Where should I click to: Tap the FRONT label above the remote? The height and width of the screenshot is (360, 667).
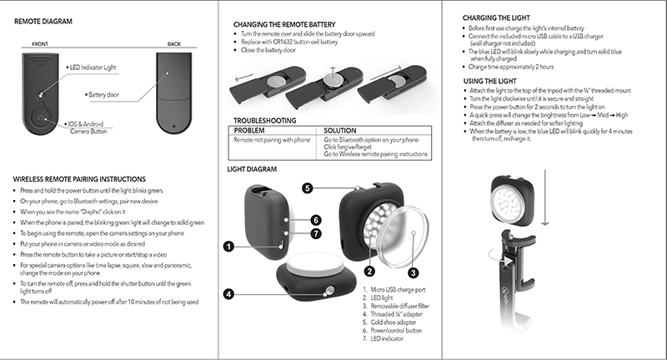[x=39, y=43]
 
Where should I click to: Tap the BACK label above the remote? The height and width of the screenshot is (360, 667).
[x=173, y=43]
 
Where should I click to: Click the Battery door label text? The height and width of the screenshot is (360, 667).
[x=107, y=95]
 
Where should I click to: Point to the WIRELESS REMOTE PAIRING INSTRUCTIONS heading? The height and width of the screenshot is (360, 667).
[x=80, y=179]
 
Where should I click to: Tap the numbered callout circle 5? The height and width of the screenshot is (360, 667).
[x=308, y=188]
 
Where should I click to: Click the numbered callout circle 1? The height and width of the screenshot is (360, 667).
[x=228, y=246]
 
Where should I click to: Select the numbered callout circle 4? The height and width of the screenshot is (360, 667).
[x=228, y=293]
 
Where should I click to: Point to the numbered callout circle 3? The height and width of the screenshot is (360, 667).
[x=411, y=272]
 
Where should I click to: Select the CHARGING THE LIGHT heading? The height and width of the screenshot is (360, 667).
[x=497, y=18]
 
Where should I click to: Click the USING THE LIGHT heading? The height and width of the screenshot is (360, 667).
[x=491, y=80]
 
